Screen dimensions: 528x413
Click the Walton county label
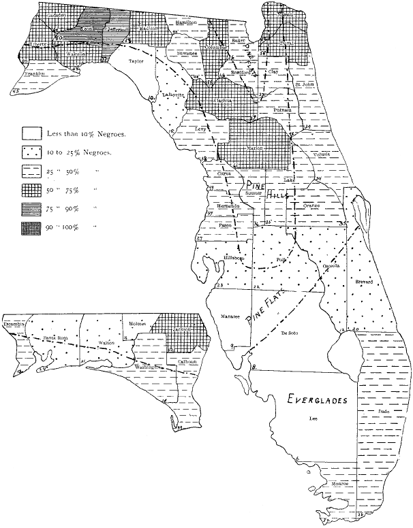[106, 344]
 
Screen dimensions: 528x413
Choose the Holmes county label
[136, 324]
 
